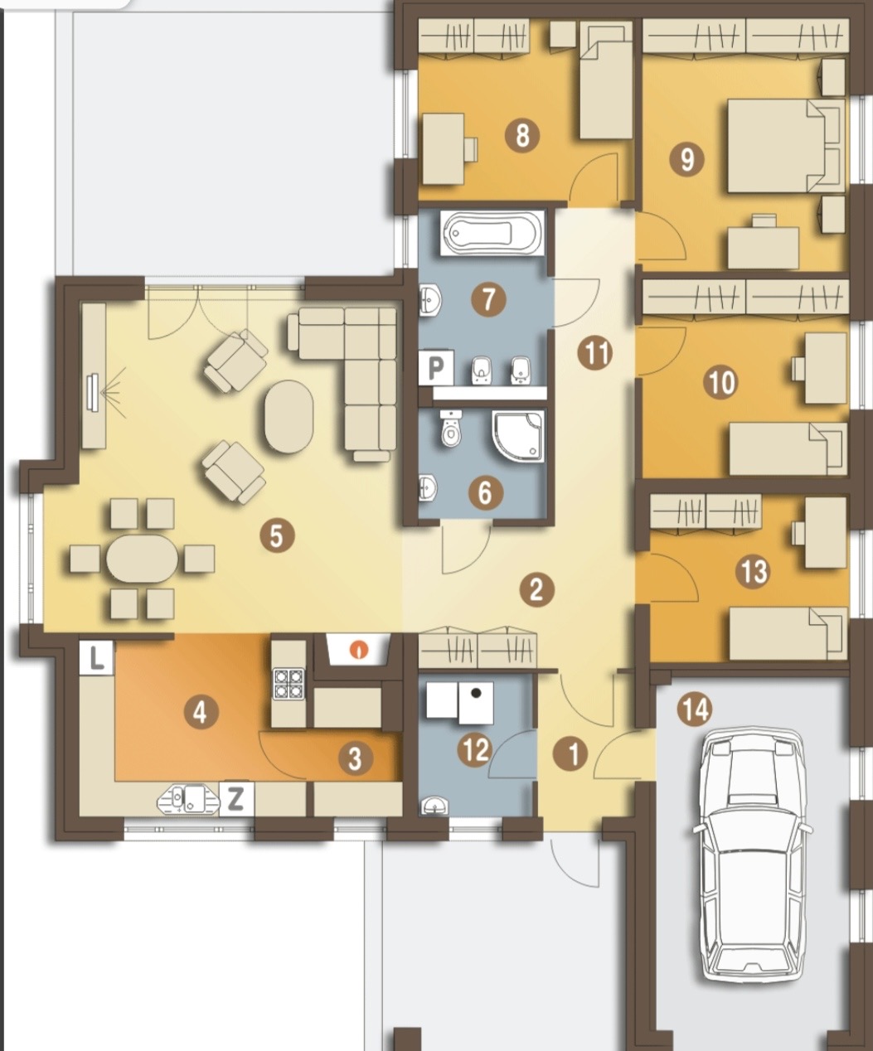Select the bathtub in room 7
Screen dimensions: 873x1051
(492, 234)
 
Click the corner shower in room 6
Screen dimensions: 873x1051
(518, 437)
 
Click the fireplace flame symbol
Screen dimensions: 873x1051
(359, 650)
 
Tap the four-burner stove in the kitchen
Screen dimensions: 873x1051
(289, 684)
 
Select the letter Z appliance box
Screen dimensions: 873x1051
(235, 799)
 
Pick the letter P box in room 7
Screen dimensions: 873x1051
(436, 368)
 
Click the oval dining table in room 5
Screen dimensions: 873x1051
(143, 559)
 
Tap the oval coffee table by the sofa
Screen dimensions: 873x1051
(289, 416)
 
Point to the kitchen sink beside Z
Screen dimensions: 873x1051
(189, 799)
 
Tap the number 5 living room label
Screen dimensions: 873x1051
(276, 536)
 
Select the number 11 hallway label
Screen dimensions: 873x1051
(595, 353)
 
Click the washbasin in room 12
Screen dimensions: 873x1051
(433, 806)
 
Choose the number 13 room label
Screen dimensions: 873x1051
(754, 572)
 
